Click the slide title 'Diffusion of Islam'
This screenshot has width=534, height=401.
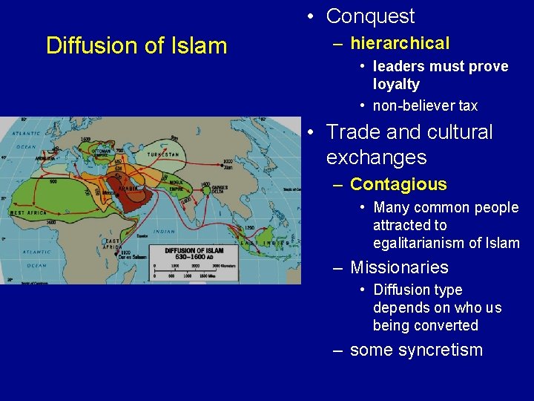tap(136, 46)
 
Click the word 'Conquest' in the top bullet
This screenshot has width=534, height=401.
tap(370, 16)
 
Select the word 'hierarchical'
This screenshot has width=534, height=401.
tap(400, 44)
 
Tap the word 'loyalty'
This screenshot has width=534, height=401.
tap(396, 85)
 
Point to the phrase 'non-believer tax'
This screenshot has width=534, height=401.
tap(425, 105)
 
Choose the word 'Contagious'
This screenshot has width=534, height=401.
tap(398, 184)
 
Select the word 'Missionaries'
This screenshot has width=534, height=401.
tap(399, 267)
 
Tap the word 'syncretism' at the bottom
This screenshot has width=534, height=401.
tap(438, 350)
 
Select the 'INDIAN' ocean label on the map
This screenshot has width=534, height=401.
tap(162, 232)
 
